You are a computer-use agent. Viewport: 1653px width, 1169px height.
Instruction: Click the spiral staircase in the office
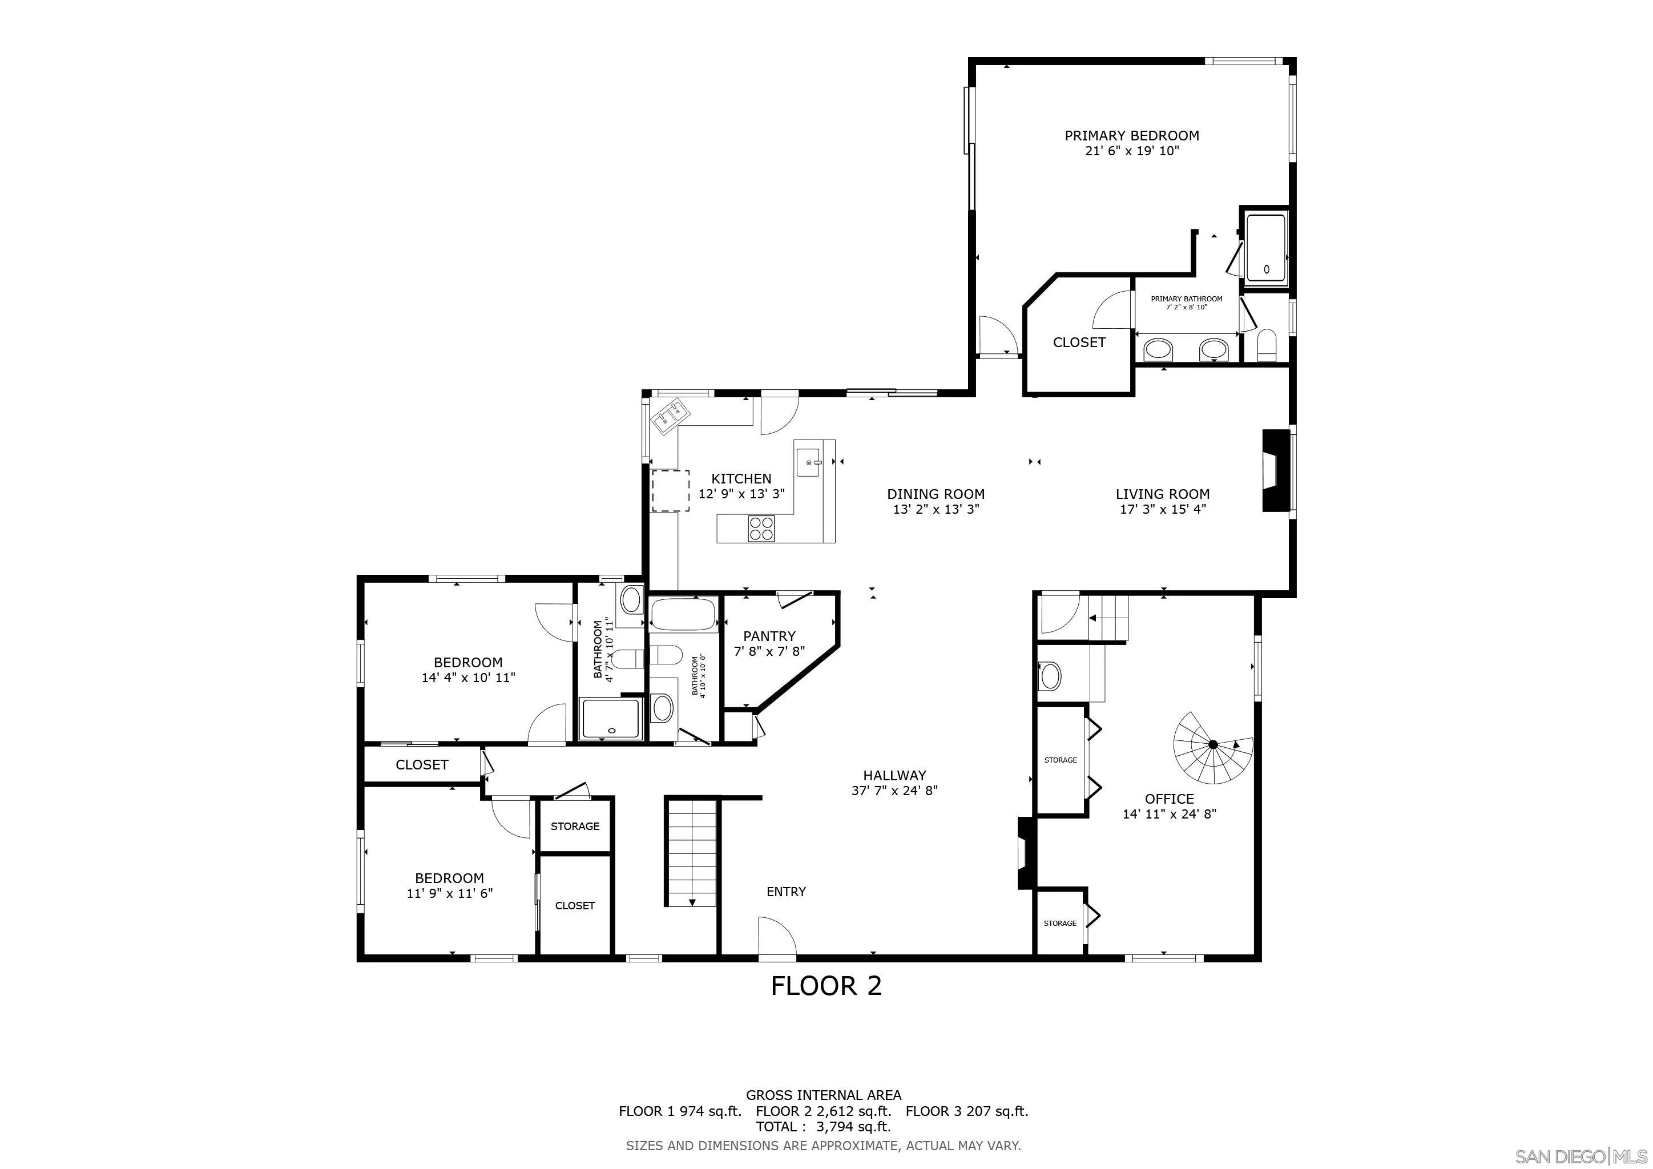coord(1213,749)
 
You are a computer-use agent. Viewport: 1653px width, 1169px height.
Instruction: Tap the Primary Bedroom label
coord(1132,135)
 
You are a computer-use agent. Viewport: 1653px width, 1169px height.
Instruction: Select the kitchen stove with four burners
coord(761,529)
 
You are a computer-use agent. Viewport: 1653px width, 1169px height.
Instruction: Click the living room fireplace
coord(1276,471)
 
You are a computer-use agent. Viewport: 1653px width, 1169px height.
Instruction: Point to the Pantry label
coord(769,636)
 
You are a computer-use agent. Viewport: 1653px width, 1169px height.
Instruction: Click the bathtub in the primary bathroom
coord(1265,247)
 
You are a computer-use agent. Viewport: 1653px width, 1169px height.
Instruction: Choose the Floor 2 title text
coord(826,985)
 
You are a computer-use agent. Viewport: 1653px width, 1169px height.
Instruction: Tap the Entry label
coord(786,892)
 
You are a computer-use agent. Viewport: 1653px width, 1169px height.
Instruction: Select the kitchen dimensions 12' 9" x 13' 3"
coord(741,494)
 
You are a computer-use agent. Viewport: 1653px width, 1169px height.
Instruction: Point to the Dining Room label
coord(936,494)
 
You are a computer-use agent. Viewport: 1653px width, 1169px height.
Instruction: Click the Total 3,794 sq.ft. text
coord(824,1127)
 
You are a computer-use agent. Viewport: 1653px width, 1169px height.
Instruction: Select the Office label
coord(1169,799)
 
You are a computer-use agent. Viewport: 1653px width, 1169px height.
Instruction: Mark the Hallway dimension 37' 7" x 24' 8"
coord(894,791)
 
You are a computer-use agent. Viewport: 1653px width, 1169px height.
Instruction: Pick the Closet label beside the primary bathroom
coord(1079,342)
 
